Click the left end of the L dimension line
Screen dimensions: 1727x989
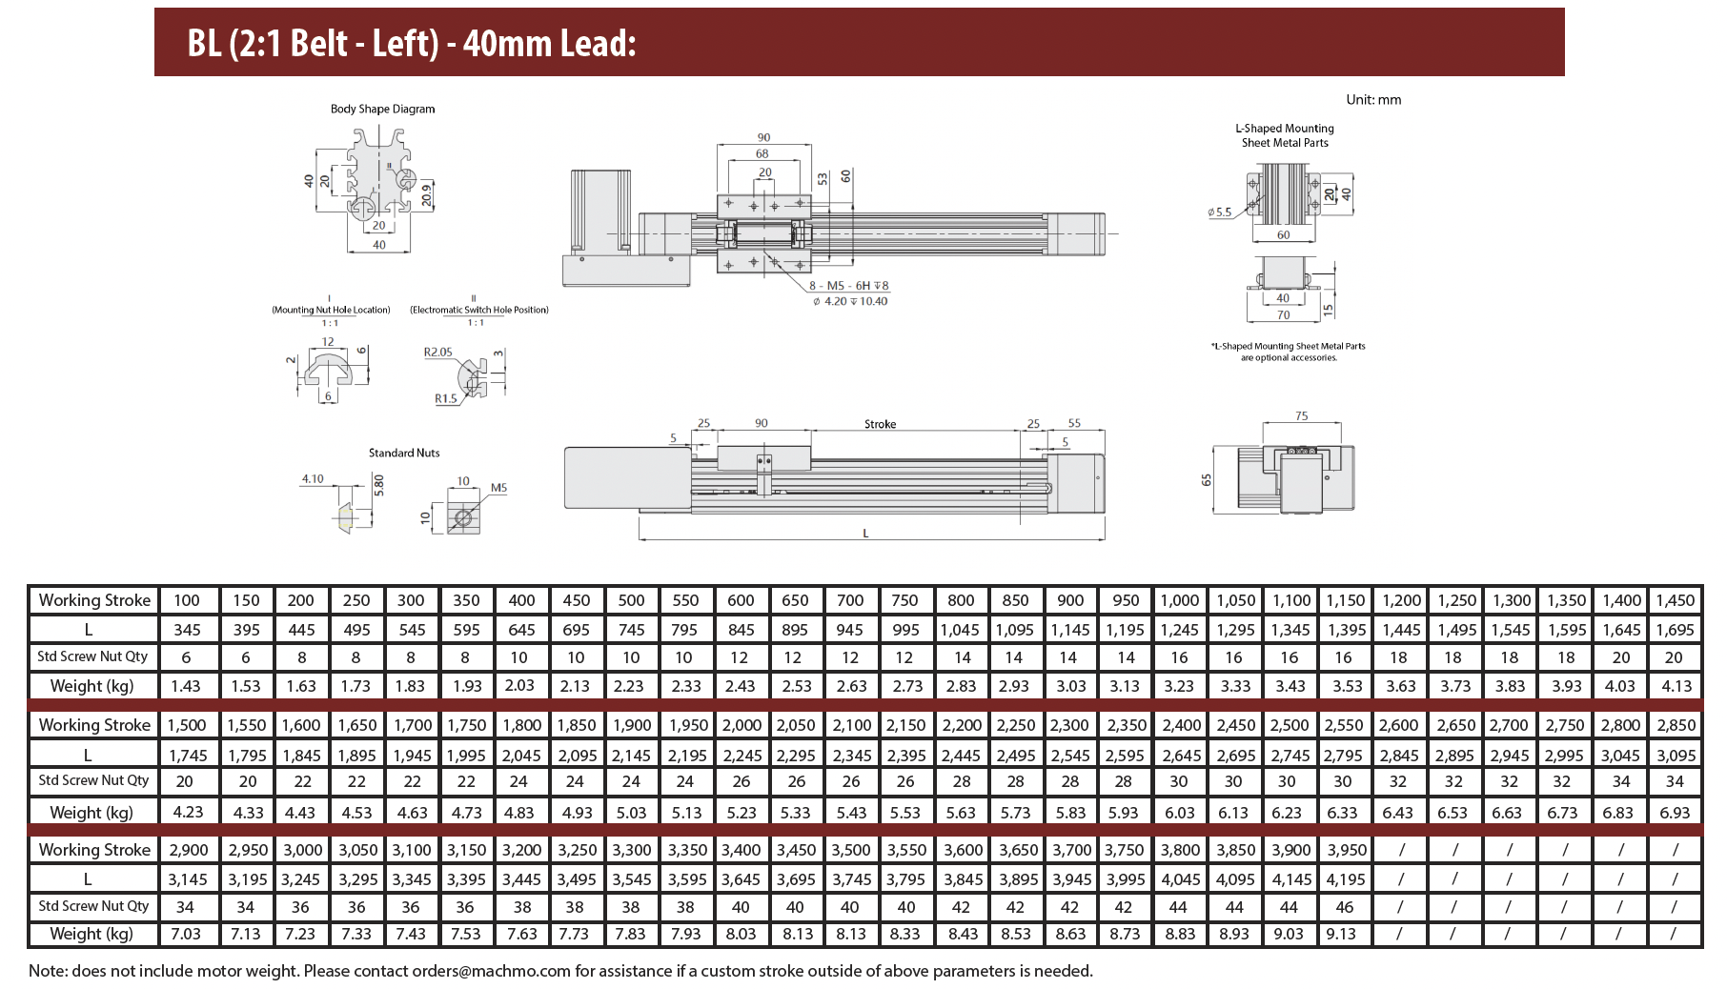[x=640, y=539]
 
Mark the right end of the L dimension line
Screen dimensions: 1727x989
[x=1105, y=539]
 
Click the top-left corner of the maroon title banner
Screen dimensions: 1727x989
[x=154, y=9]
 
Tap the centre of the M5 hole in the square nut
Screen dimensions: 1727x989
[x=463, y=517]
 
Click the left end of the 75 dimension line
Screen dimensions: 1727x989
[x=1263, y=422]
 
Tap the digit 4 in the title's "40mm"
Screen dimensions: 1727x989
[x=472, y=44]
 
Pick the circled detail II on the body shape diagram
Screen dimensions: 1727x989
[x=405, y=178]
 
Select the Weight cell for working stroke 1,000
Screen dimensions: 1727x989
[x=1179, y=686]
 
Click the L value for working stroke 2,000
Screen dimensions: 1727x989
[x=742, y=756]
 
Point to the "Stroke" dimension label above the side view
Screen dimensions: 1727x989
[x=880, y=424]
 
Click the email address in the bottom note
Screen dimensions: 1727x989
[x=491, y=971]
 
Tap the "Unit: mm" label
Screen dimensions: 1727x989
[x=1373, y=99]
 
